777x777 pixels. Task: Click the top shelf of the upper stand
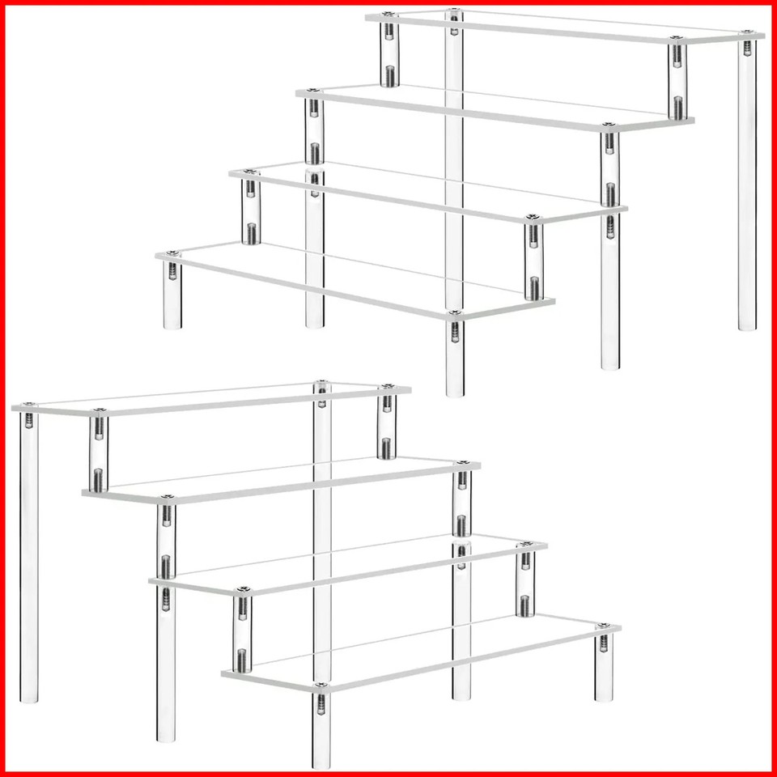(567, 27)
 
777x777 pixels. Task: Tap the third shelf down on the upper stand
(429, 192)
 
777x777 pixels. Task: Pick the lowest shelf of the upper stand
(356, 279)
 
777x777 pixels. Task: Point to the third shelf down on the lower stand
(348, 563)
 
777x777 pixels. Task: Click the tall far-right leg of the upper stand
(748, 186)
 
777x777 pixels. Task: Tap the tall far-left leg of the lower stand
(29, 558)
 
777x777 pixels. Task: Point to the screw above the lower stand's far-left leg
(29, 404)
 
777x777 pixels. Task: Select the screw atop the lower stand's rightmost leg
(603, 626)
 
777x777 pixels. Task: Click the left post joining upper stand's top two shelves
(389, 53)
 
